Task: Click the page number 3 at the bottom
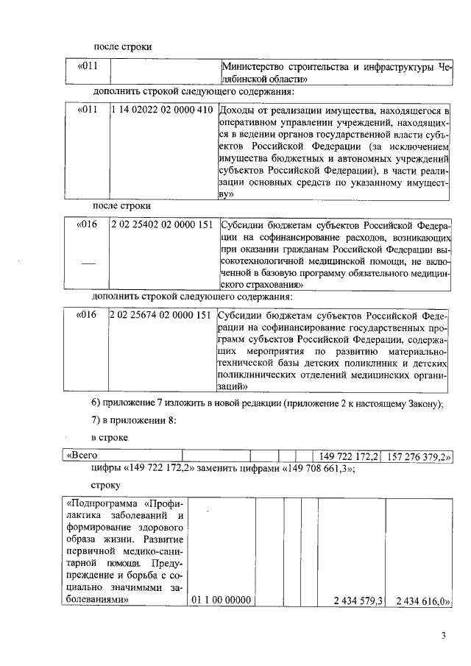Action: point(444,636)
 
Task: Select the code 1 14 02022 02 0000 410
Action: point(162,110)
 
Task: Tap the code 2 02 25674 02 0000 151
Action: point(162,315)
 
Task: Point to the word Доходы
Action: point(238,110)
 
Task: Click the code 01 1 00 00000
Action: point(221,600)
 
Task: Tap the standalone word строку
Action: point(107,486)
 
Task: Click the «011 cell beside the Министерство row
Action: point(88,67)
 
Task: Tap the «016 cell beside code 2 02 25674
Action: point(88,315)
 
